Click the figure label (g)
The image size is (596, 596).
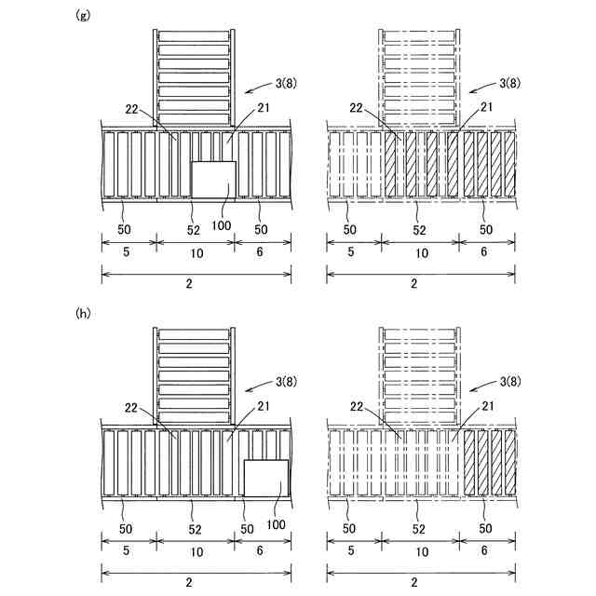pyautogui.click(x=82, y=16)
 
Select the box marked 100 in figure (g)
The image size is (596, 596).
pyautogui.click(x=213, y=180)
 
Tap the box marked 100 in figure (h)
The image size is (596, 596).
pyautogui.click(x=265, y=479)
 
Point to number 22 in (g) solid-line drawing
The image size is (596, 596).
pyautogui.click(x=131, y=109)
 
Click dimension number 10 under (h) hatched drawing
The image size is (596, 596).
pyautogui.click(x=421, y=551)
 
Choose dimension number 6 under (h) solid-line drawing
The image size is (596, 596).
pyautogui.click(x=262, y=551)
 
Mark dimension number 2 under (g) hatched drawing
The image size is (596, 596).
pyautogui.click(x=421, y=286)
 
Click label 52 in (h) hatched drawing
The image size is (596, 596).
pyautogui.click(x=421, y=528)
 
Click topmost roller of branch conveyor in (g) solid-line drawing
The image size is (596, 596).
pyautogui.click(x=194, y=37)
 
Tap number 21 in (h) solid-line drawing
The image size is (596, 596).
pyautogui.click(x=264, y=407)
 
